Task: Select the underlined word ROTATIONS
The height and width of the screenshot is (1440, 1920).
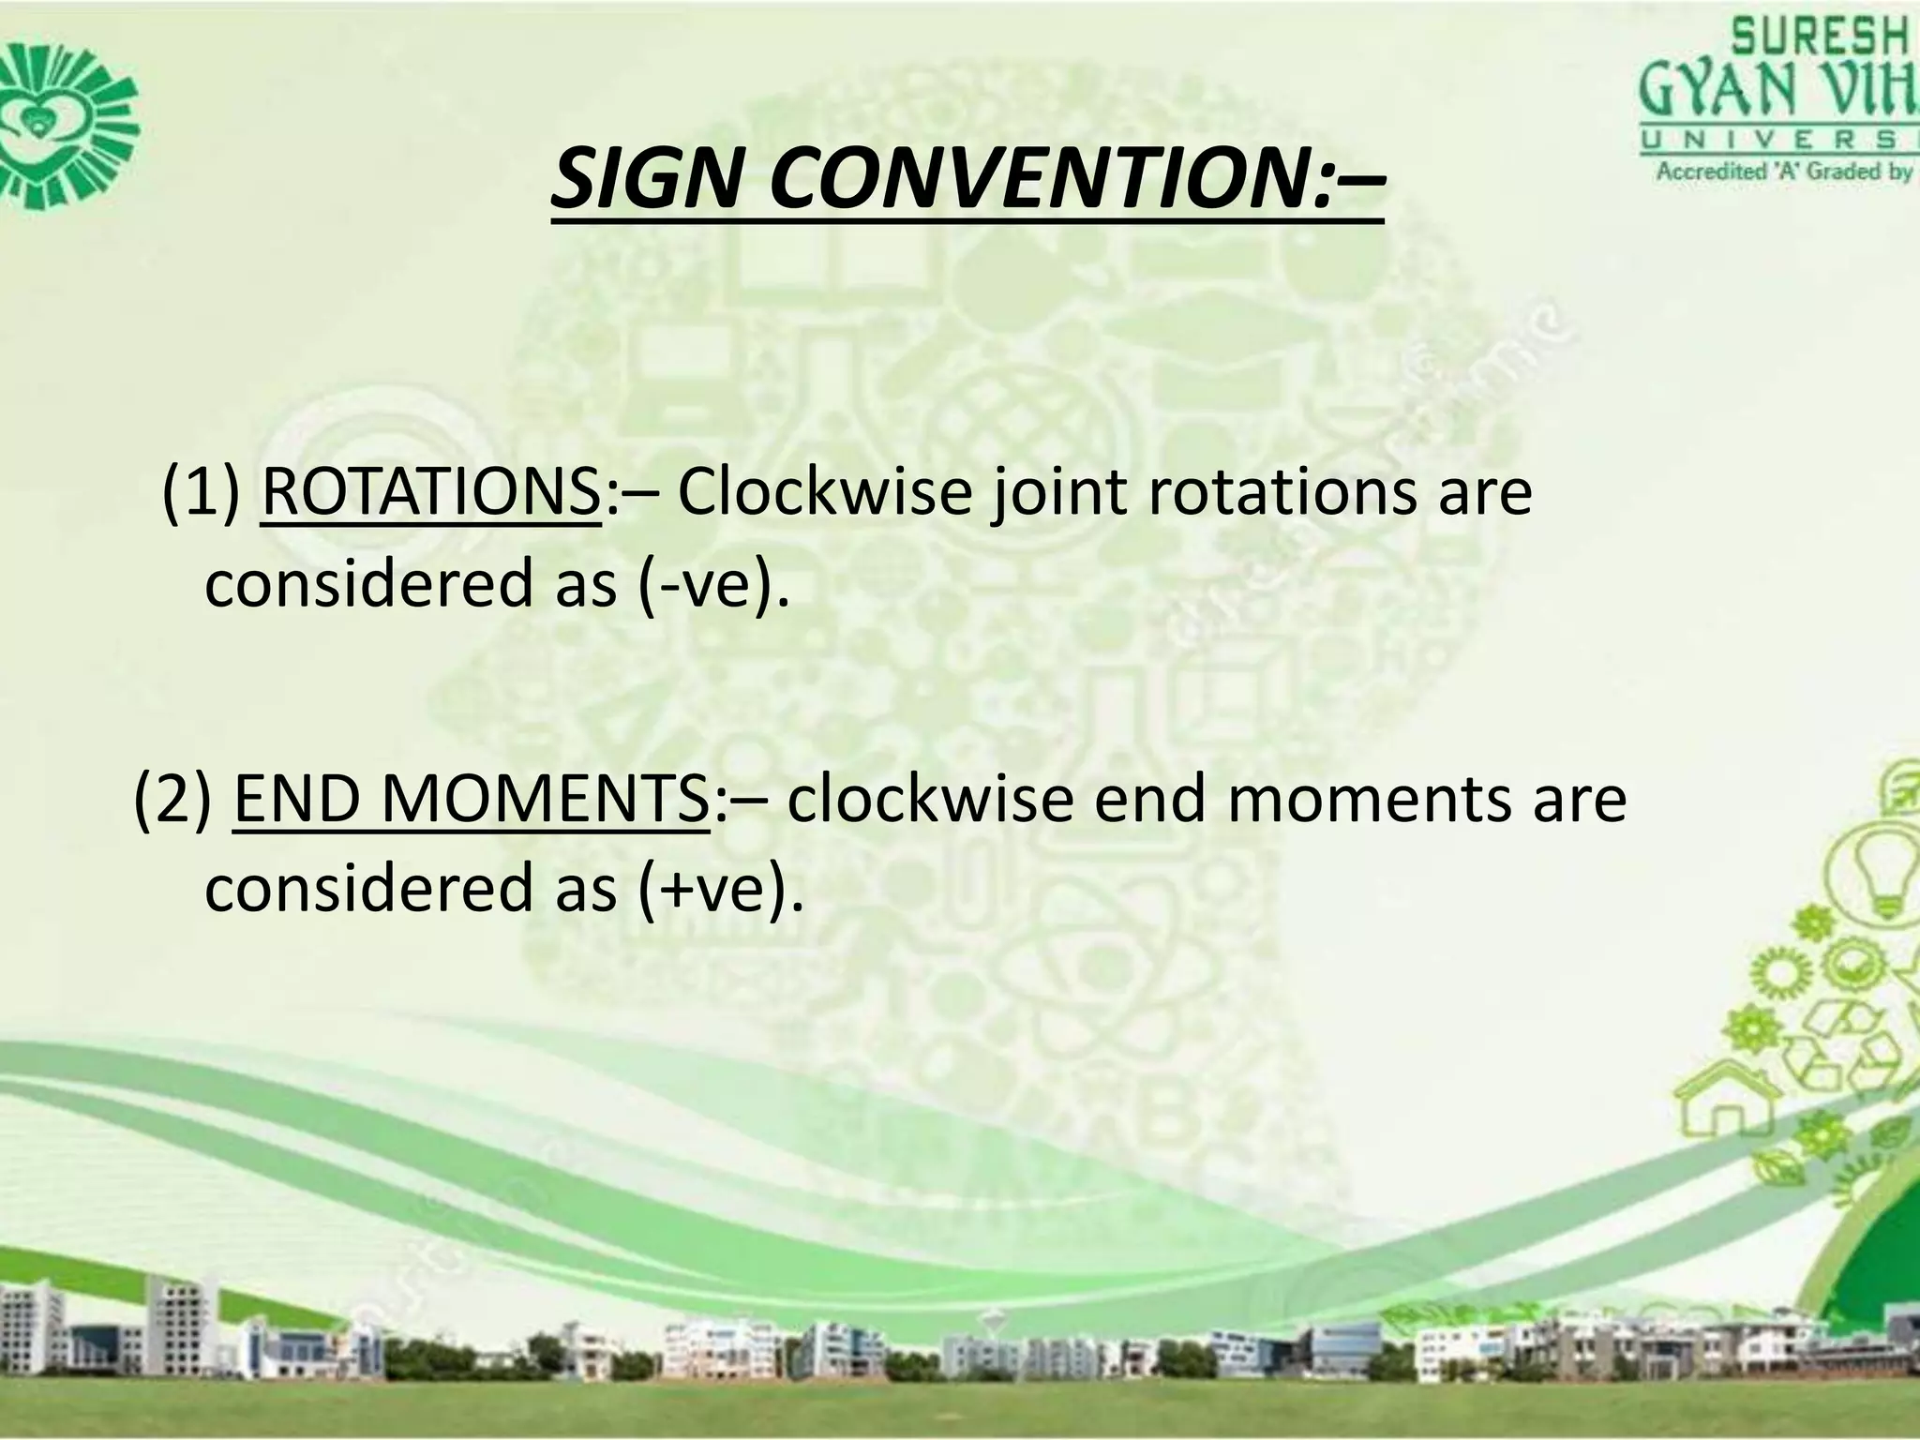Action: click(x=430, y=493)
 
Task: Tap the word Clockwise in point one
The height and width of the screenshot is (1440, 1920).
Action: click(x=824, y=493)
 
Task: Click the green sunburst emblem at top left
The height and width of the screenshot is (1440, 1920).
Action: click(x=66, y=122)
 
